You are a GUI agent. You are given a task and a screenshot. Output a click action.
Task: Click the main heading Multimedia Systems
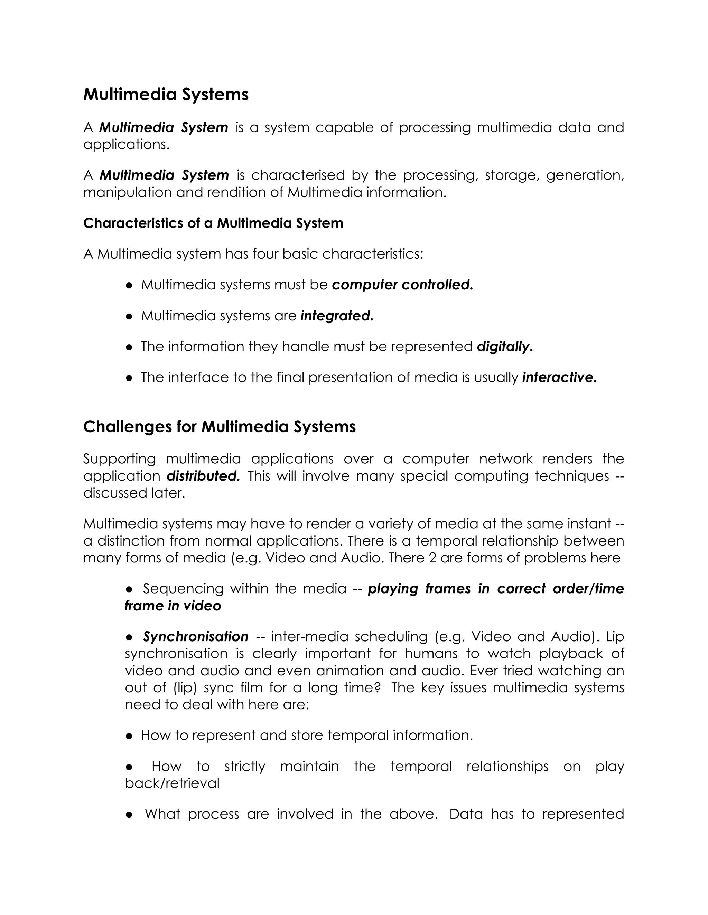166,95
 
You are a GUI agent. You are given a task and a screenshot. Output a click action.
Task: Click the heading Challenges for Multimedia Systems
220,427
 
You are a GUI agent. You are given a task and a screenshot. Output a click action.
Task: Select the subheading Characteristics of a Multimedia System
213,223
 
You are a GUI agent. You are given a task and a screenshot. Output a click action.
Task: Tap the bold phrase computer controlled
402,285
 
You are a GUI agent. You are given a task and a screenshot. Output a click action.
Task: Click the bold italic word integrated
337,316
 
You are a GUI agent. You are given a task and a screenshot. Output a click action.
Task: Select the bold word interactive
559,377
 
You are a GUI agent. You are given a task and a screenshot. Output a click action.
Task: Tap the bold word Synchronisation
195,637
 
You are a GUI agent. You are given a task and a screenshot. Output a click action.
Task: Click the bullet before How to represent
129,736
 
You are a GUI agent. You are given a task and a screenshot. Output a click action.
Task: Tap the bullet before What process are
129,815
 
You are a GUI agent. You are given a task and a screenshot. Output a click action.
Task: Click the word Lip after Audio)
615,637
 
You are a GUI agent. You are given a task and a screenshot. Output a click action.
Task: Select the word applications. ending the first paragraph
126,145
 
